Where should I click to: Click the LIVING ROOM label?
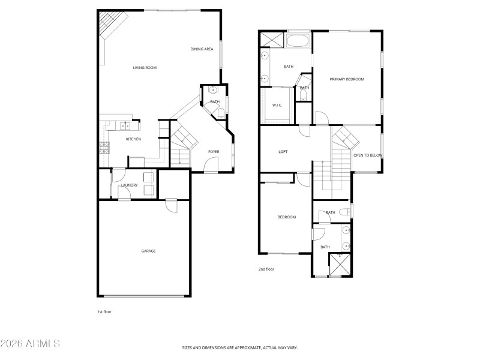[x=145, y=68]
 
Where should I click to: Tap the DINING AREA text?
[x=202, y=49]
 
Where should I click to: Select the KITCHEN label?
[x=133, y=139]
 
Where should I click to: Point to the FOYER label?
[x=214, y=151]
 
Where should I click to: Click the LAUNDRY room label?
[x=129, y=185]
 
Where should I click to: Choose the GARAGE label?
[x=148, y=251]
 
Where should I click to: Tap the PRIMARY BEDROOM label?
[x=347, y=79]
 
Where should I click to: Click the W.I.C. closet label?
[x=277, y=106]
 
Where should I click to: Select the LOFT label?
[x=283, y=152]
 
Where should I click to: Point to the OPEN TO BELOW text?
[x=368, y=155]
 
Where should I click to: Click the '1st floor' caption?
[x=104, y=312]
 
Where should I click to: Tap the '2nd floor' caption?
[x=266, y=269]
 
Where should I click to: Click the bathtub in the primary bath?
[x=298, y=42]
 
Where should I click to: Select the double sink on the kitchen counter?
[x=124, y=126]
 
